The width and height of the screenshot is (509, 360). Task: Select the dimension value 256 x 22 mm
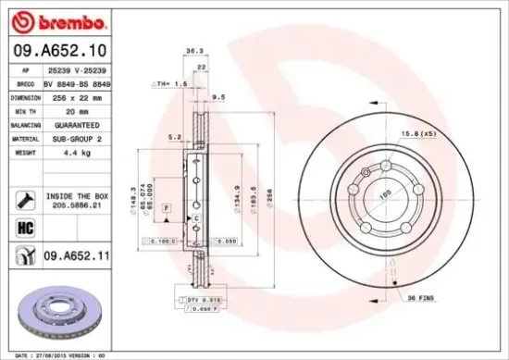click(85, 95)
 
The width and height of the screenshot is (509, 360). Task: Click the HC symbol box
click(24, 226)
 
